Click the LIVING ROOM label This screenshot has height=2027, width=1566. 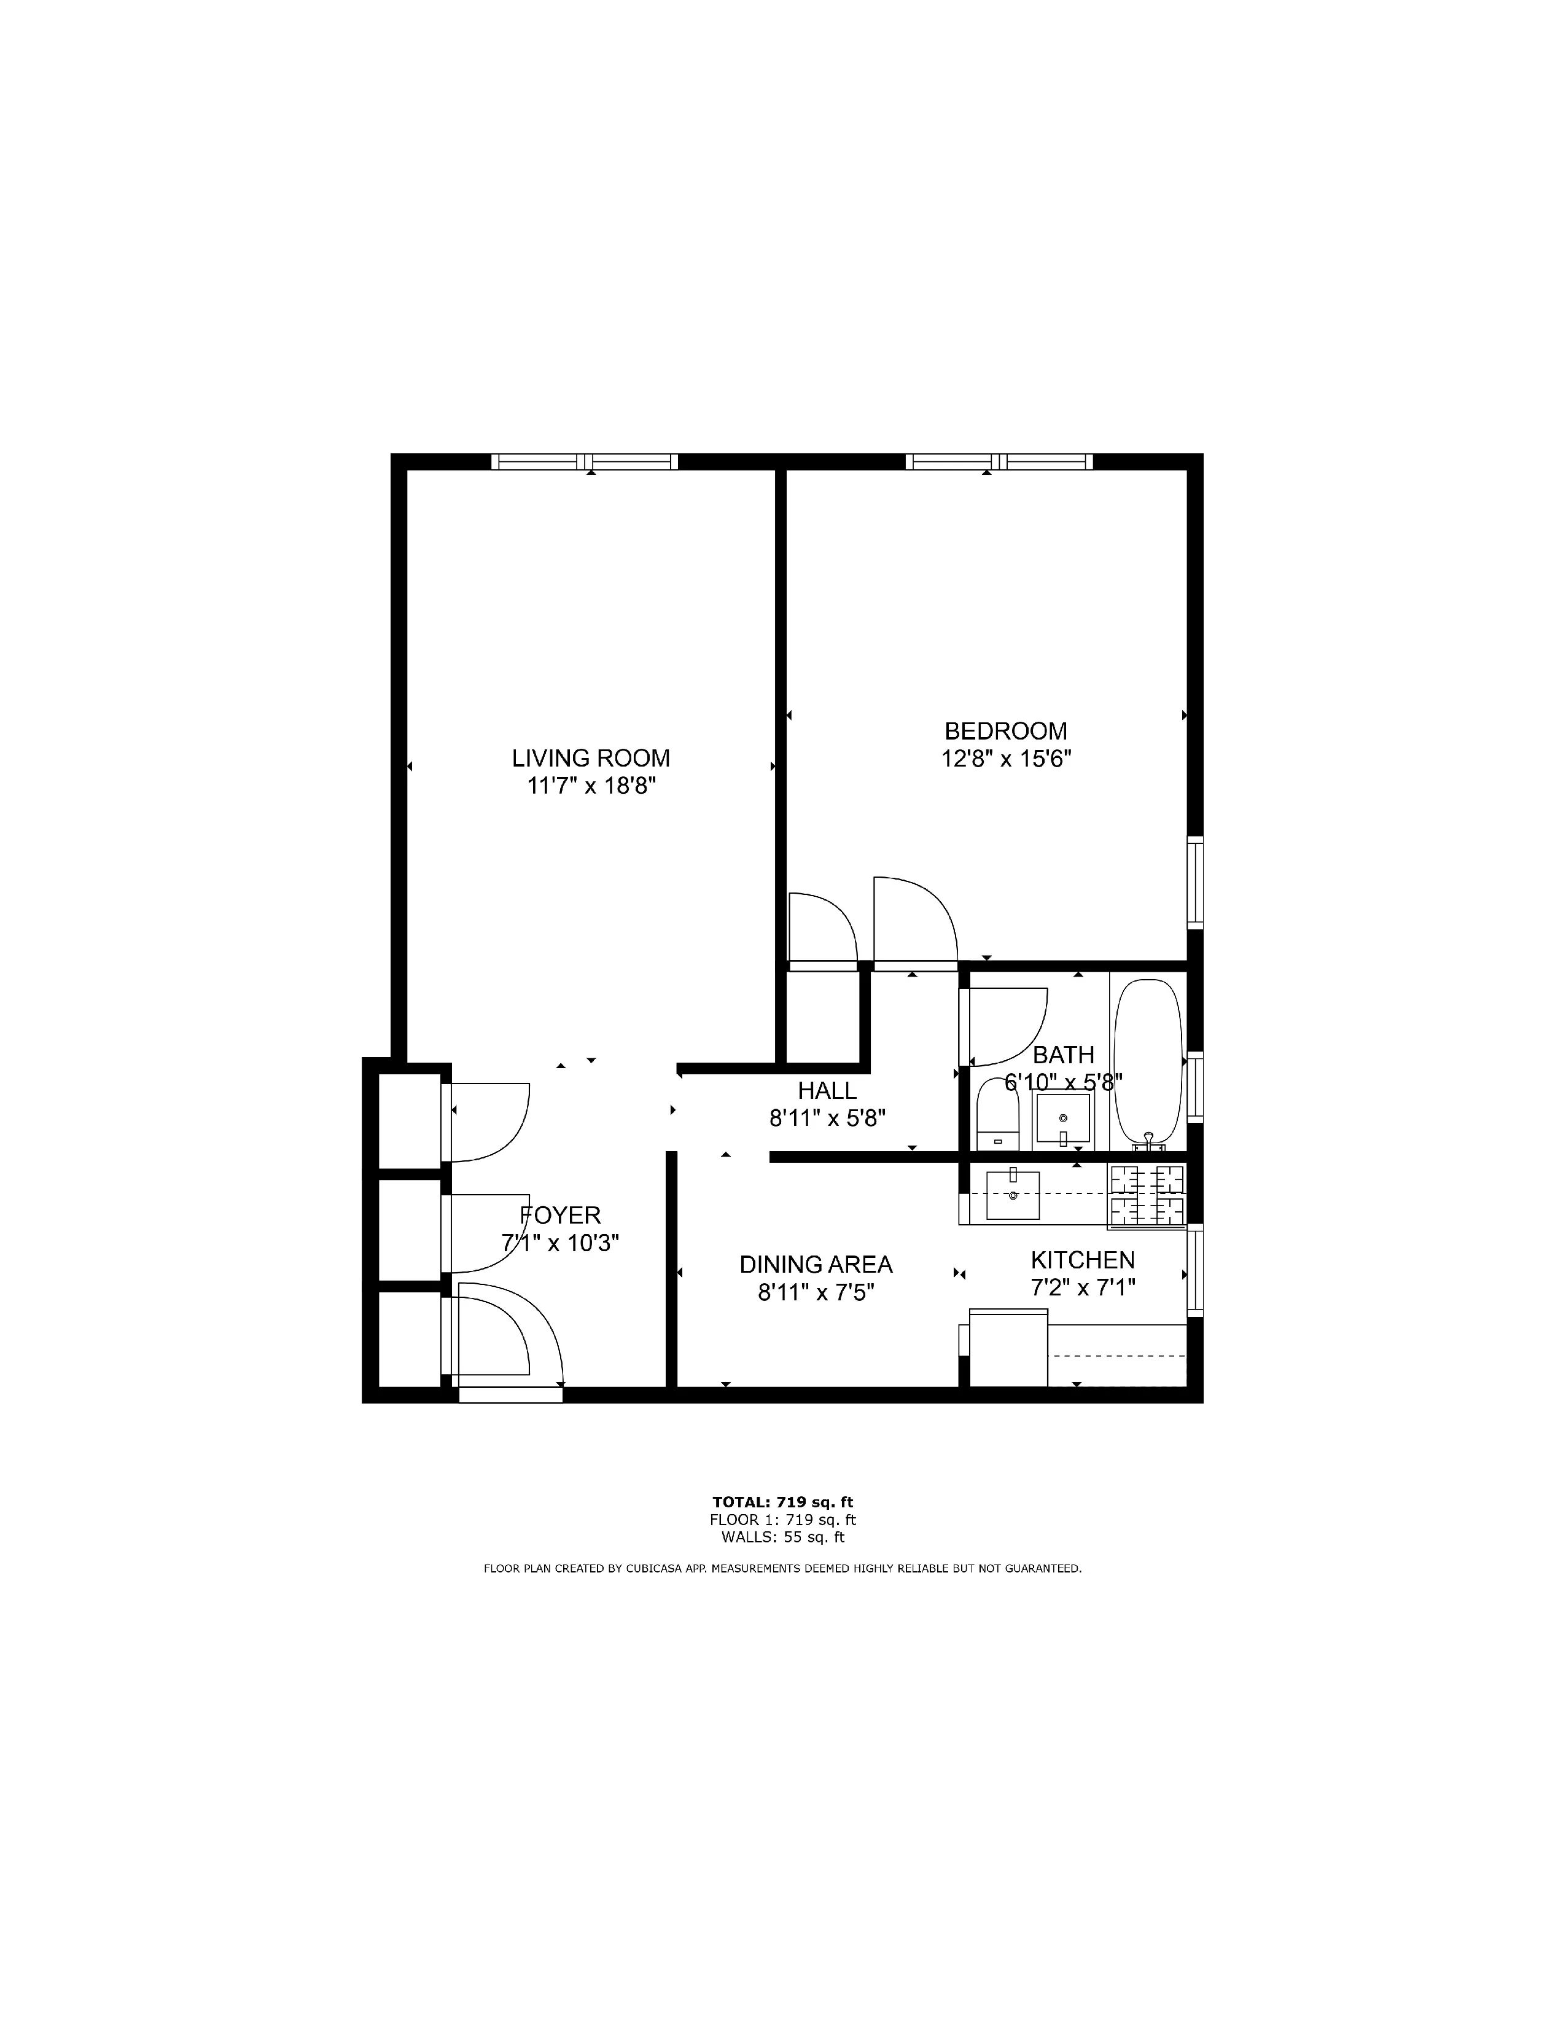coord(590,758)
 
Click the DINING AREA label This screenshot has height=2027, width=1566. coord(816,1264)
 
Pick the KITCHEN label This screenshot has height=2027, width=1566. coord(1083,1259)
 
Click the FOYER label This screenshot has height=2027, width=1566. coord(560,1215)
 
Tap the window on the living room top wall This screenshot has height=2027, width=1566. coord(585,461)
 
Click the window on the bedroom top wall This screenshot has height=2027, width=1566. coord(999,461)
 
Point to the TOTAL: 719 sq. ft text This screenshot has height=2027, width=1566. coord(782,1502)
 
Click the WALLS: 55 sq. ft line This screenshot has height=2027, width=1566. coord(782,1537)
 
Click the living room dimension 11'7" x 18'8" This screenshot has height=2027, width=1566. coord(591,786)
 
